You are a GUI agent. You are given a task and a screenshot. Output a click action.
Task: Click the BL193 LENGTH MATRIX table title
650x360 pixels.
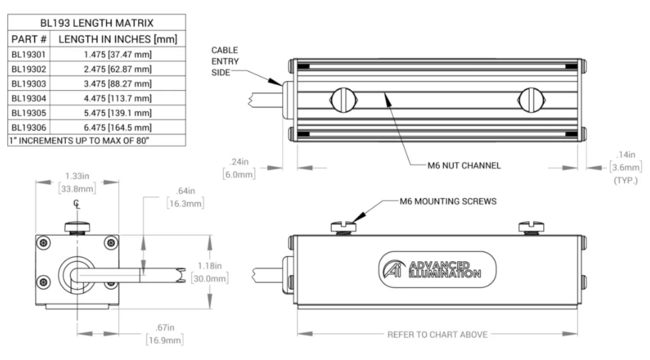(x=96, y=20)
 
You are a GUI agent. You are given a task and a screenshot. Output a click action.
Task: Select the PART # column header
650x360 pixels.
(x=29, y=38)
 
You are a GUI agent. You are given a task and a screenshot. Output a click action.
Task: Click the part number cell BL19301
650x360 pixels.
(x=29, y=55)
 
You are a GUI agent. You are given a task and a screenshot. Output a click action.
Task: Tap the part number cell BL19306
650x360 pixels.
(x=29, y=128)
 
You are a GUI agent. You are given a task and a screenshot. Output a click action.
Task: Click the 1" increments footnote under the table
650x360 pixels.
(x=76, y=141)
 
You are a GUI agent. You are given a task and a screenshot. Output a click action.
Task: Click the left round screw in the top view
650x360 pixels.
(x=341, y=100)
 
